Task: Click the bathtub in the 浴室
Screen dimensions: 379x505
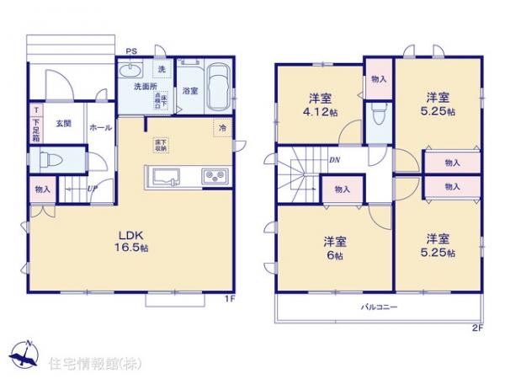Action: (218, 87)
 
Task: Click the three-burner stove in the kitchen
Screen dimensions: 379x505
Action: (213, 177)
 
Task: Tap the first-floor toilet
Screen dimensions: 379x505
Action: (51, 159)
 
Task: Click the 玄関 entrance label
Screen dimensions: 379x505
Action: (64, 125)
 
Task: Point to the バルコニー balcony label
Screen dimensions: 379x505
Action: (380, 307)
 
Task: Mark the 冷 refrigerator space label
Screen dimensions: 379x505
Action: (222, 128)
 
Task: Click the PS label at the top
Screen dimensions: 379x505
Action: (130, 51)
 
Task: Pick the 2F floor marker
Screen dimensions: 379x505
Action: (477, 328)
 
